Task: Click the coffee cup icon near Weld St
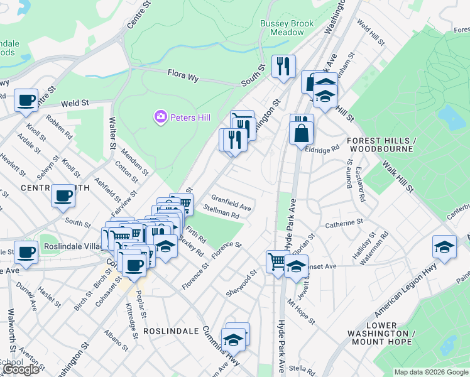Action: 26,101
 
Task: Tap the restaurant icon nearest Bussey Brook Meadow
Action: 283,66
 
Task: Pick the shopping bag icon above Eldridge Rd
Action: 301,133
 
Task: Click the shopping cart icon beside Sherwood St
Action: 277,261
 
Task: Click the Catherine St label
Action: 344,223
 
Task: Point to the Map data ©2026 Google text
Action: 431,372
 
